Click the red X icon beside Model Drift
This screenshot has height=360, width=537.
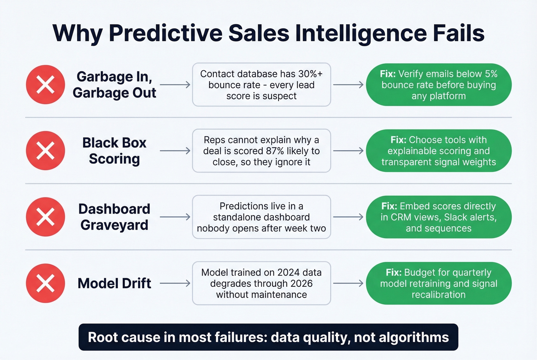click(45, 283)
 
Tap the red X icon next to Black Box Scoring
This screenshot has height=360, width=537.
click(45, 151)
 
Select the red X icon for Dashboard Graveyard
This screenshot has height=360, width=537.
click(45, 217)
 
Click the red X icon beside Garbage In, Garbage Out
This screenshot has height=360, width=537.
click(45, 84)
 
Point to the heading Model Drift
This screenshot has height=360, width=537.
click(114, 283)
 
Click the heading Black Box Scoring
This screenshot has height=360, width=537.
click(114, 151)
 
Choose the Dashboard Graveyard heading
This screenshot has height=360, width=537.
click(114, 217)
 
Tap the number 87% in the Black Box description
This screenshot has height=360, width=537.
click(275, 151)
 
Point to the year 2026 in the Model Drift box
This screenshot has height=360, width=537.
click(301, 284)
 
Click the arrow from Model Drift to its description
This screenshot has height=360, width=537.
click(175, 283)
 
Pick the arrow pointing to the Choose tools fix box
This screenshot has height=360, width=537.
click(348, 151)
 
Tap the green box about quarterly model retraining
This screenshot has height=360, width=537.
click(438, 283)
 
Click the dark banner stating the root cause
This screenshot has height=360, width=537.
click(268, 337)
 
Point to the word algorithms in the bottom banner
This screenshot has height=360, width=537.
click(414, 337)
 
